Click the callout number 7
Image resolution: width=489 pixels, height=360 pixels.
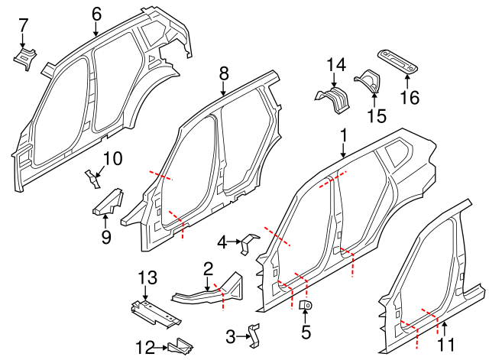[23, 25]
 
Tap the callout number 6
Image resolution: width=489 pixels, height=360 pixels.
[96, 13]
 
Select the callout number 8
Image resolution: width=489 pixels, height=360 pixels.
[223, 73]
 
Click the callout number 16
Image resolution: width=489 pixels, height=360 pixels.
[410, 97]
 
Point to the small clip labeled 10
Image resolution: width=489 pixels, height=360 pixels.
[93, 179]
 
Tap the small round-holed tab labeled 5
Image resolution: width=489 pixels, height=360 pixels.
[307, 306]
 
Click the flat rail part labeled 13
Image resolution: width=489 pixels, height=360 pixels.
[156, 313]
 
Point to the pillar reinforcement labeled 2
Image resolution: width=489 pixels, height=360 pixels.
[208, 290]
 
